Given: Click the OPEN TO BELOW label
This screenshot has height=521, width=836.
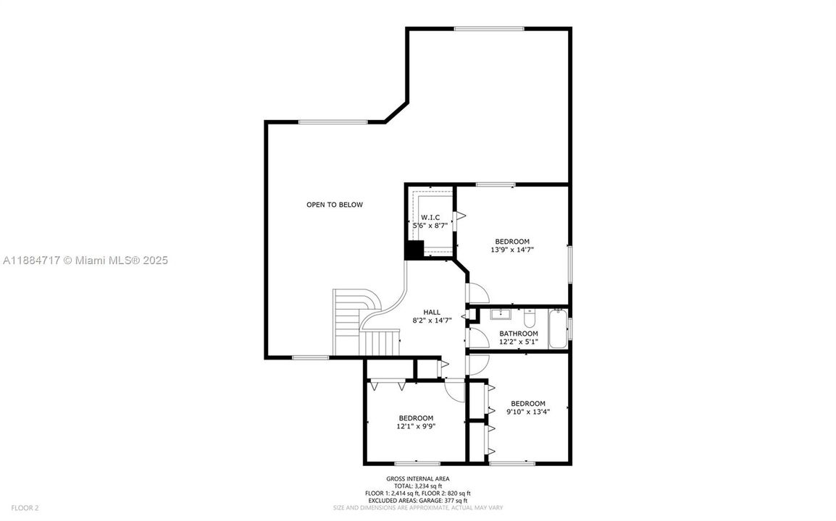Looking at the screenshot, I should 334,205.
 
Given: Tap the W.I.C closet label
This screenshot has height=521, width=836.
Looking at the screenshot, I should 430,217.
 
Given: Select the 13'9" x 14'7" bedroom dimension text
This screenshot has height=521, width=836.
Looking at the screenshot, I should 512,250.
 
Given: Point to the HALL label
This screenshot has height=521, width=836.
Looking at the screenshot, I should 432,312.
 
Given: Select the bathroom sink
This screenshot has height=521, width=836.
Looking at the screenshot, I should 501,315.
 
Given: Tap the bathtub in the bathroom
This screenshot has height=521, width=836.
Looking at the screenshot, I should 558,329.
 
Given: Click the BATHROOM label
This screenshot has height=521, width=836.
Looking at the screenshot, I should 518,334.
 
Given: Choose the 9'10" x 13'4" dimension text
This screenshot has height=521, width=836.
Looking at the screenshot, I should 527,412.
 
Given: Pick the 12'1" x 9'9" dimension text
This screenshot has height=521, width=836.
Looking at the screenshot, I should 416,427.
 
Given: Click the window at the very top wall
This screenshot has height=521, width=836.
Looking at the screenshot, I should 488,29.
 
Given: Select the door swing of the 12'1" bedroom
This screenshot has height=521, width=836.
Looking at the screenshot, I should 454,391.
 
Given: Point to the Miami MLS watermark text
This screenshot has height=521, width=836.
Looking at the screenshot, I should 85,260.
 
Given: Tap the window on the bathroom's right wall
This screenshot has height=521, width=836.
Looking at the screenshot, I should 569,329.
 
